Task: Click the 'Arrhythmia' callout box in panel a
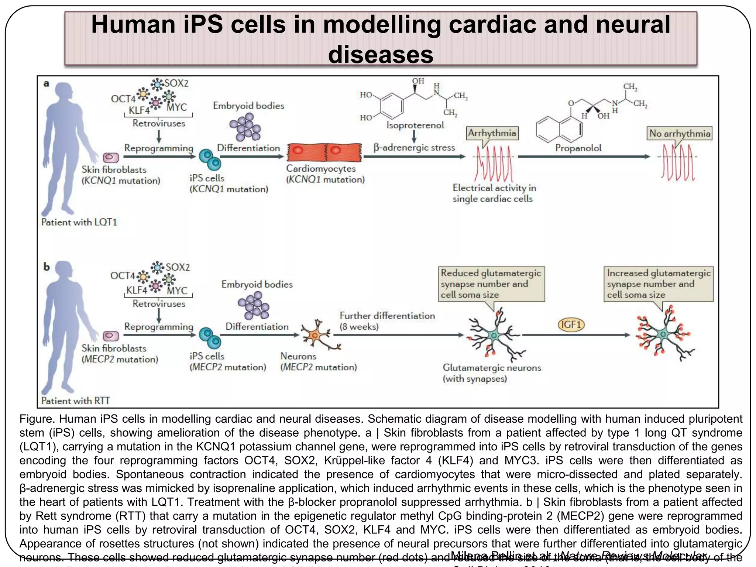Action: [x=492, y=133]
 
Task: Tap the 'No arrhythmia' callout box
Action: [x=679, y=134]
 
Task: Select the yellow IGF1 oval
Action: [x=571, y=325]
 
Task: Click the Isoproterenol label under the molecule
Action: [x=415, y=125]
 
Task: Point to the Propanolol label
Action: [x=578, y=148]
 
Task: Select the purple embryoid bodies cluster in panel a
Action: [x=245, y=127]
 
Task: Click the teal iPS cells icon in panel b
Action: [x=210, y=338]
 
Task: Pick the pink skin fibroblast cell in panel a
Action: [x=111, y=158]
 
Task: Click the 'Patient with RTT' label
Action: [x=76, y=401]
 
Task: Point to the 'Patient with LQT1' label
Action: [x=79, y=222]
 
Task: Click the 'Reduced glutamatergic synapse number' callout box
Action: [x=491, y=284]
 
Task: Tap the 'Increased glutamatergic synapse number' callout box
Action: [x=658, y=284]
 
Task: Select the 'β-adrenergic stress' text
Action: [x=414, y=148]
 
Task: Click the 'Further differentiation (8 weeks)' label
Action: [x=387, y=321]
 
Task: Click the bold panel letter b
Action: [x=47, y=267]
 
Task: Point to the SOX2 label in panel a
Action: [x=176, y=83]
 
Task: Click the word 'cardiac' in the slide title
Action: [x=489, y=24]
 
